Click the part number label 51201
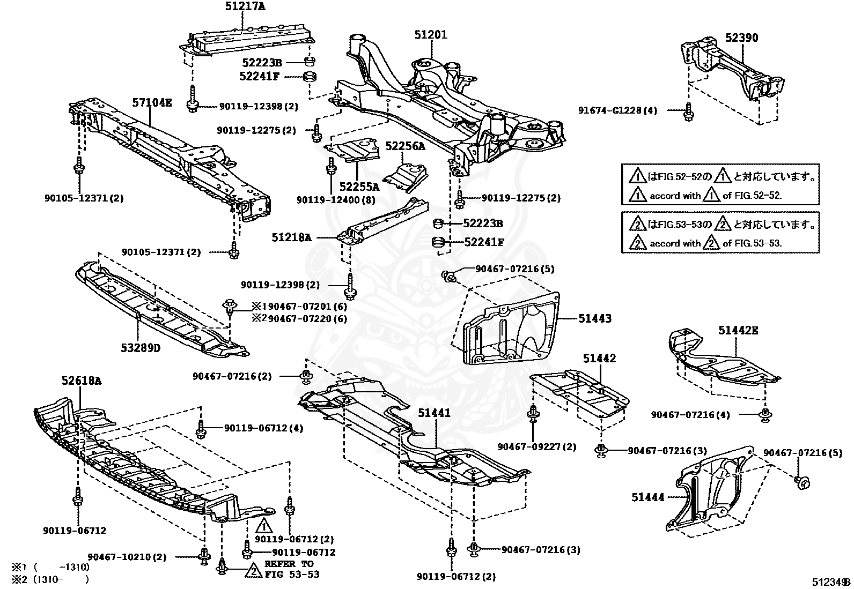(430, 34)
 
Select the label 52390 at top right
(742, 38)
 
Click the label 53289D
(141, 348)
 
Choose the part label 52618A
(82, 381)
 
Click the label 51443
(594, 318)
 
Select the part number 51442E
(738, 331)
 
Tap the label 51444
(647, 497)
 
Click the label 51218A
(291, 237)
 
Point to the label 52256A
(405, 146)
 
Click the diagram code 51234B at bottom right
(830, 581)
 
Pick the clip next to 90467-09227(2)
(534, 415)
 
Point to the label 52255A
(359, 187)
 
